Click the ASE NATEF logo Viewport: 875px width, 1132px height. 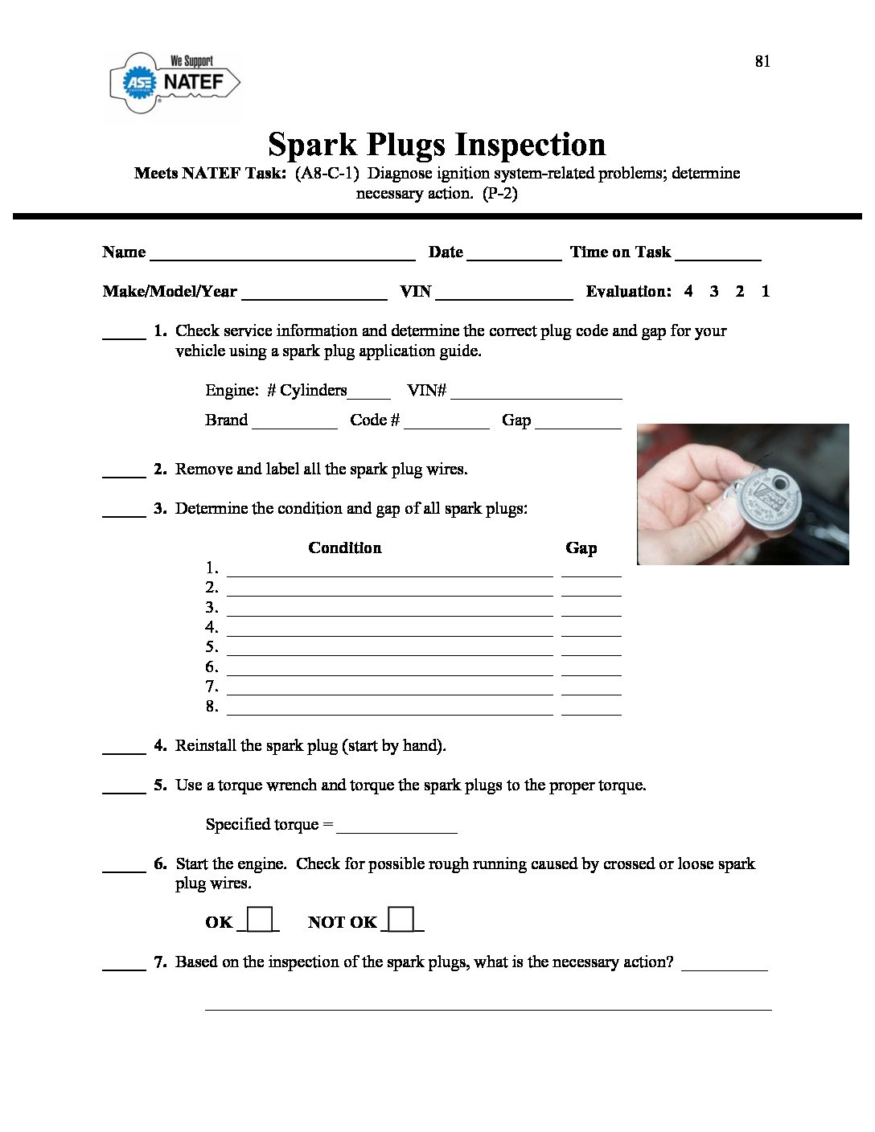pyautogui.click(x=175, y=82)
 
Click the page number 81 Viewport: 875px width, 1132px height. pyautogui.click(x=762, y=61)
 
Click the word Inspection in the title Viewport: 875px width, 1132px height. pyautogui.click(x=531, y=145)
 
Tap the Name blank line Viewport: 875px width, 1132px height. pyautogui.click(x=282, y=255)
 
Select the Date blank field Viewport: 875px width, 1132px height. pyautogui.click(x=514, y=255)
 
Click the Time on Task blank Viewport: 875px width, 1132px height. pyautogui.click(x=717, y=255)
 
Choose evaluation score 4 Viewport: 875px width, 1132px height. pyautogui.click(x=688, y=291)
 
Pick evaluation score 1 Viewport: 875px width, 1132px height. pyautogui.click(x=765, y=291)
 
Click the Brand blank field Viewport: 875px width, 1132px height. pyautogui.click(x=294, y=423)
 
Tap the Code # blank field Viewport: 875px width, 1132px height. pyautogui.click(x=446, y=423)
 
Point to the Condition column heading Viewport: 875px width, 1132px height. pyautogui.click(x=344, y=548)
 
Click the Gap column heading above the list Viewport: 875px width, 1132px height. pyautogui.click(x=581, y=548)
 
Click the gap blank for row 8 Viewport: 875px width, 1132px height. pyautogui.click(x=591, y=709)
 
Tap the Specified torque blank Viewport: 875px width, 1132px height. pyautogui.click(x=397, y=827)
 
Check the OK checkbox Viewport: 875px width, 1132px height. pyautogui.click(x=259, y=919)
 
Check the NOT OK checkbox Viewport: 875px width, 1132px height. pyautogui.click(x=401, y=919)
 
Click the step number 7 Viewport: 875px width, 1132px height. pyautogui.click(x=160, y=962)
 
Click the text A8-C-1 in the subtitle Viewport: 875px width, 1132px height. pyautogui.click(x=327, y=174)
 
